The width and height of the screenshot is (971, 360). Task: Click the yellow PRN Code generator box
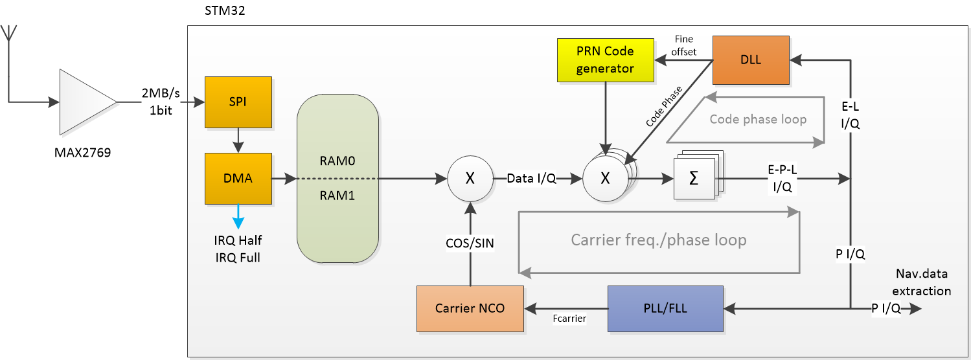[605, 60]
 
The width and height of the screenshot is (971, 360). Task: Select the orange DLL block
[751, 60]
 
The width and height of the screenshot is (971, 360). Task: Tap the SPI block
[238, 102]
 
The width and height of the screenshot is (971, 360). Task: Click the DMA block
[238, 178]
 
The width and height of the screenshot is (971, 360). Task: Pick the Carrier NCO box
[470, 308]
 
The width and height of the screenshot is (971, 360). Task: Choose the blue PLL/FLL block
[665, 308]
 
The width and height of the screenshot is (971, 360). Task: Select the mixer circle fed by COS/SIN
[470, 179]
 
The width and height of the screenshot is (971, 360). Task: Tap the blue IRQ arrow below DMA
[238, 216]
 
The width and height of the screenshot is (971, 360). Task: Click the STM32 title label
[223, 11]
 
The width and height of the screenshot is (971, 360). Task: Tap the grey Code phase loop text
[758, 119]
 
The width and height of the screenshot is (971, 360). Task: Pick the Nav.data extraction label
[923, 282]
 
